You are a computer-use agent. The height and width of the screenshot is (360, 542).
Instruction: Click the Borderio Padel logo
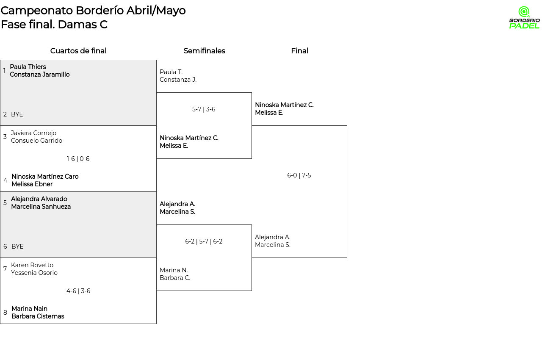[524, 17]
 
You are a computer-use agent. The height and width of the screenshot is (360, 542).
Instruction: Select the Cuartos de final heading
[78, 51]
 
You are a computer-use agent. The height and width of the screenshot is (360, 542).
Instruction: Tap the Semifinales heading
[204, 51]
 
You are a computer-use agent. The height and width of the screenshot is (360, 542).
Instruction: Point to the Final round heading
[299, 51]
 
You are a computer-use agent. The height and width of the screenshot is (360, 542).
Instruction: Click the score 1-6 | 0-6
[78, 159]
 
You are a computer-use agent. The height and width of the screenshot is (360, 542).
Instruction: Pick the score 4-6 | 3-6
[78, 291]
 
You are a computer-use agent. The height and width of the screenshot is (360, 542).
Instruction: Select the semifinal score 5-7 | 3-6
[204, 109]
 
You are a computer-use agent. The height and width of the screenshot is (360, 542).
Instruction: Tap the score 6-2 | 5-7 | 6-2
[204, 241]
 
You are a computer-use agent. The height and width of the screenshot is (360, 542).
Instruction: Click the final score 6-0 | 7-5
[299, 175]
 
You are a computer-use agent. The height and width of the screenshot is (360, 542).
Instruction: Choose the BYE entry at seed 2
[17, 114]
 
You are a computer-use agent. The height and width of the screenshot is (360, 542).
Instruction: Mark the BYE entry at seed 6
[17, 246]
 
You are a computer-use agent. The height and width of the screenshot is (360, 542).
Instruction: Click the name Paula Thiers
[28, 67]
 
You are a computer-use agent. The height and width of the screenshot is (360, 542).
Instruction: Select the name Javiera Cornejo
[33, 133]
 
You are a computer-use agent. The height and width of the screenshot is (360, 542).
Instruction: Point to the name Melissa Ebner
[32, 184]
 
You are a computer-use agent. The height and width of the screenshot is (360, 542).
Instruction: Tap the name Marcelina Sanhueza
[41, 207]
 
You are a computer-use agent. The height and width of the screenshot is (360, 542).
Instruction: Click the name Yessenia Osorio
[34, 273]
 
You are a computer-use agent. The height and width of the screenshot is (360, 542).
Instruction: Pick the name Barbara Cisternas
[38, 316]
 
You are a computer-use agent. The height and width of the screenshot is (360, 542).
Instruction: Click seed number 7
[5, 269]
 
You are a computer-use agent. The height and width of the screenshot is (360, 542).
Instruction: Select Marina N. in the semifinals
[174, 270]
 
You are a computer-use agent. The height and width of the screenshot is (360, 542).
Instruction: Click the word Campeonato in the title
[37, 11]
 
